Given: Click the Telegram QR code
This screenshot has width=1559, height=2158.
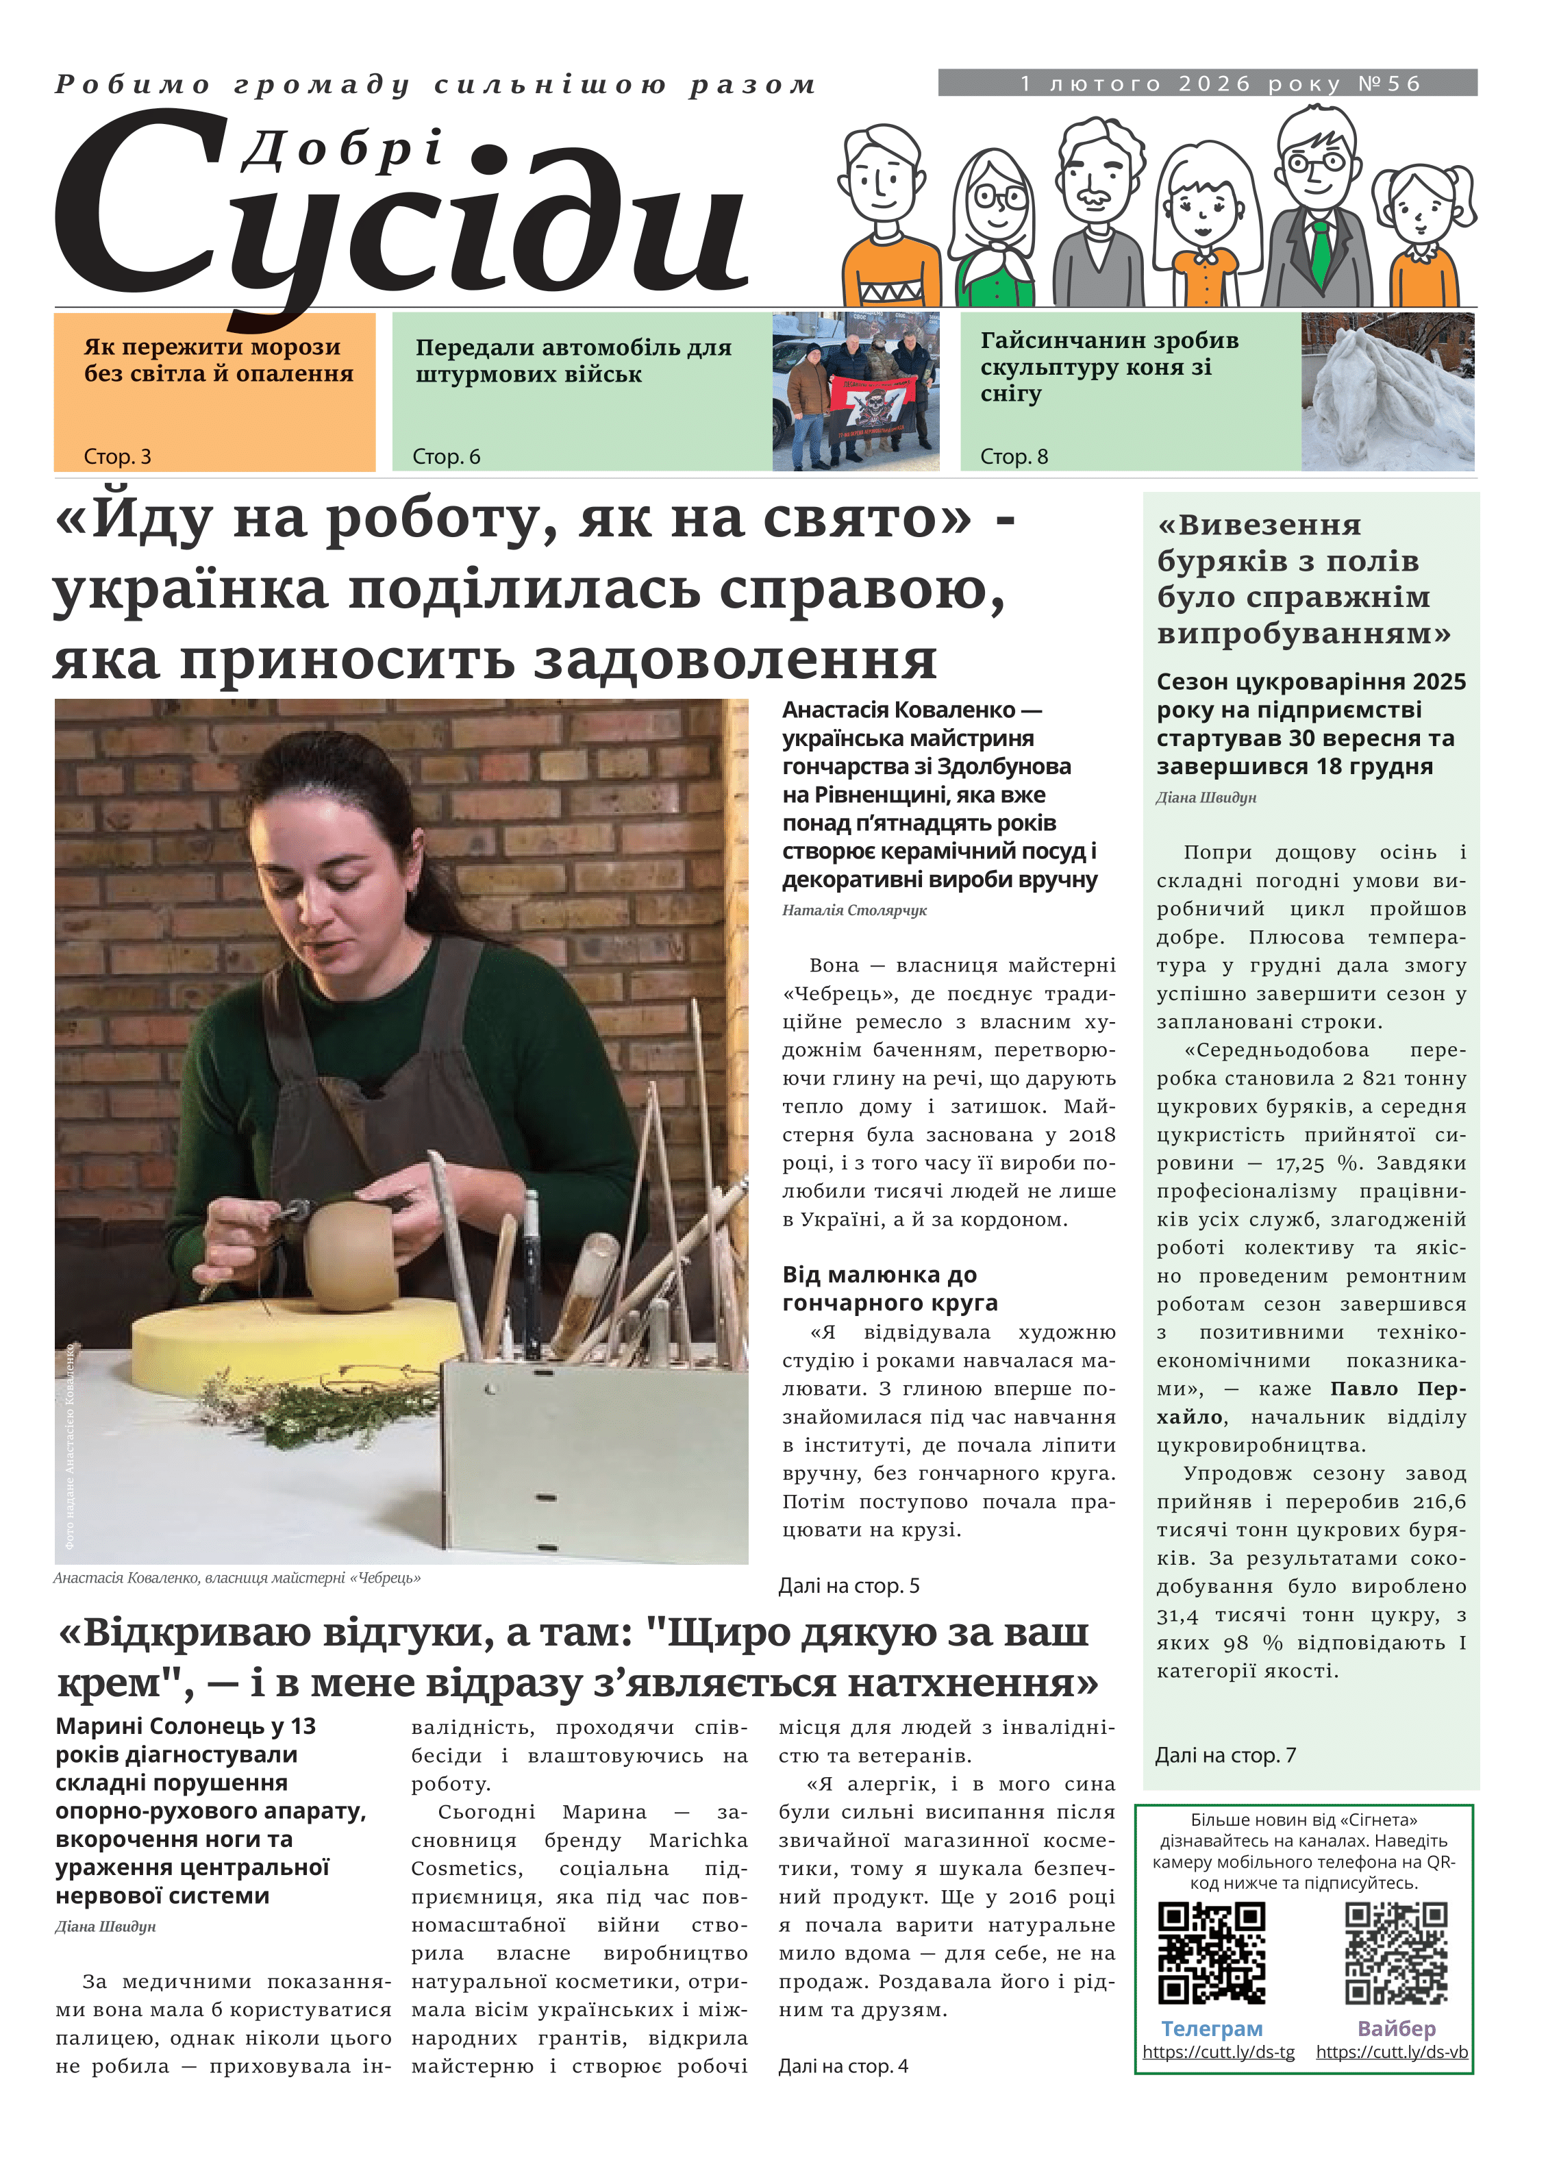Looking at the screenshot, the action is tap(1211, 1952).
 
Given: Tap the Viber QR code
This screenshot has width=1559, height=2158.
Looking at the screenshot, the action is tap(1395, 1952).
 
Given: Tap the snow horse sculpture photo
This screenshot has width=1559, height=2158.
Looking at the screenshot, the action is tap(1387, 392).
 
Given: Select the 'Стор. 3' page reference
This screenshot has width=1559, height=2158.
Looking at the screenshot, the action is tap(117, 457).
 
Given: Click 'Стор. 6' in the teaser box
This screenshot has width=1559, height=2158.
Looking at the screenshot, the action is tap(446, 457).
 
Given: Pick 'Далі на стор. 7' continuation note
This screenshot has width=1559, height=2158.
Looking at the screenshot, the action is tap(1225, 1754).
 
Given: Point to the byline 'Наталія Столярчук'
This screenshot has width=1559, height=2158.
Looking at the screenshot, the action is tap(854, 910).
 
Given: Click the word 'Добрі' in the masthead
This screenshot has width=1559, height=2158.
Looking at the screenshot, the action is tap(342, 150).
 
